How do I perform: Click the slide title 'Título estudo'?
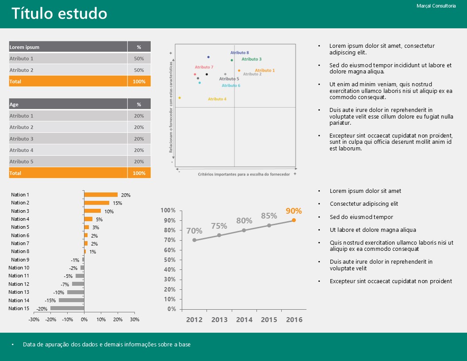pyautogui.click(x=59, y=14)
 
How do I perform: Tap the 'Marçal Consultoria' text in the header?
pyautogui.click(x=436, y=6)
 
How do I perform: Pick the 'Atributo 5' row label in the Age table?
pyautogui.click(x=22, y=161)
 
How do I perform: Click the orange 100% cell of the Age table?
pyautogui.click(x=139, y=173)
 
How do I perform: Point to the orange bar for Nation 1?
pyautogui.click(x=101, y=195)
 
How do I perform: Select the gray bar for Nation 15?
pyautogui.click(x=67, y=308)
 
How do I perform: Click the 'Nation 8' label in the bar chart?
pyautogui.click(x=20, y=251)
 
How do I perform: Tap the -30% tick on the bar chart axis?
pyautogui.click(x=34, y=319)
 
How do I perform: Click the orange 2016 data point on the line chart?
pyautogui.click(x=294, y=220)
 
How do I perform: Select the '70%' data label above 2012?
pyautogui.click(x=194, y=230)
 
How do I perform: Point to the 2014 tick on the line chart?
pyautogui.click(x=244, y=320)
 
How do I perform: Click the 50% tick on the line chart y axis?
pyautogui.click(x=171, y=260)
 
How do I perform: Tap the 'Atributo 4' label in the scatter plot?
pyautogui.click(x=217, y=99)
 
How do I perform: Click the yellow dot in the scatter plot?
pyautogui.click(x=180, y=98)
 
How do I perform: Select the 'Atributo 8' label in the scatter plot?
pyautogui.click(x=240, y=53)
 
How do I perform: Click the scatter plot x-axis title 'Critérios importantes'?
pyautogui.click(x=244, y=174)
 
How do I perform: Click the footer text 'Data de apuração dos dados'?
pyautogui.click(x=107, y=344)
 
